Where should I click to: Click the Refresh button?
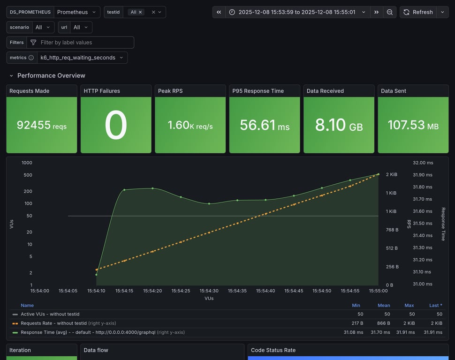coord(418,12)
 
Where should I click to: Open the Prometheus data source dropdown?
coord(77,12)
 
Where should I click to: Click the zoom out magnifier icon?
coord(389,12)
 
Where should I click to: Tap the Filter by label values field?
coord(80,42)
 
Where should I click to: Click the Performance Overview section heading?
coord(51,75)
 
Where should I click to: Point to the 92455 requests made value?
coord(41,125)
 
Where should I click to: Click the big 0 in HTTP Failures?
coord(116,125)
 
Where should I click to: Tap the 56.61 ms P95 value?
coord(265,125)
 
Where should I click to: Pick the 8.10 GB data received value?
coord(339,125)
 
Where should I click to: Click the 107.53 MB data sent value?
coord(413,125)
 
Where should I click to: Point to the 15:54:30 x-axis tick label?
coord(209,291)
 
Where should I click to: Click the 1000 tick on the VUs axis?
coord(27,163)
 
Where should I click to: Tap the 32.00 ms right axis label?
coord(423,163)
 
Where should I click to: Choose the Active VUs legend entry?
coord(50,314)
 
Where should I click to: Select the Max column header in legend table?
coord(409,305)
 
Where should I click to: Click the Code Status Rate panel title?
coord(273,350)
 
